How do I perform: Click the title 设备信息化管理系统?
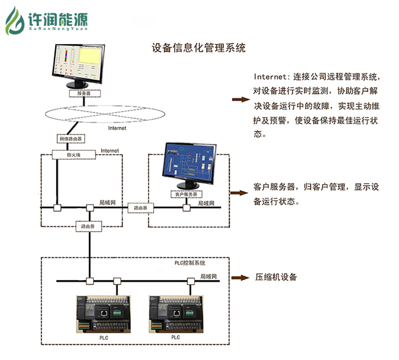pos(198,48)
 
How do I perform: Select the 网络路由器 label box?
pos(71,139)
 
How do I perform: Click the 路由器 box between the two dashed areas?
pos(140,208)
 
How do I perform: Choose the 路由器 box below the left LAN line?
pos(89,225)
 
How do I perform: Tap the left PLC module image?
pos(103,314)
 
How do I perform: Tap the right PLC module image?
pos(175,314)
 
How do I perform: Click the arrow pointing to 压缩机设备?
pos(239,277)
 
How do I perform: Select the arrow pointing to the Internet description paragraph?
pos(239,100)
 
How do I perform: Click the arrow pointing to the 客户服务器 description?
pos(239,193)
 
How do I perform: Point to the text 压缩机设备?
pos(276,277)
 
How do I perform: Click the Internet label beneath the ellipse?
pos(117,128)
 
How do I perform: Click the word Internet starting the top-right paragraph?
pos(271,76)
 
